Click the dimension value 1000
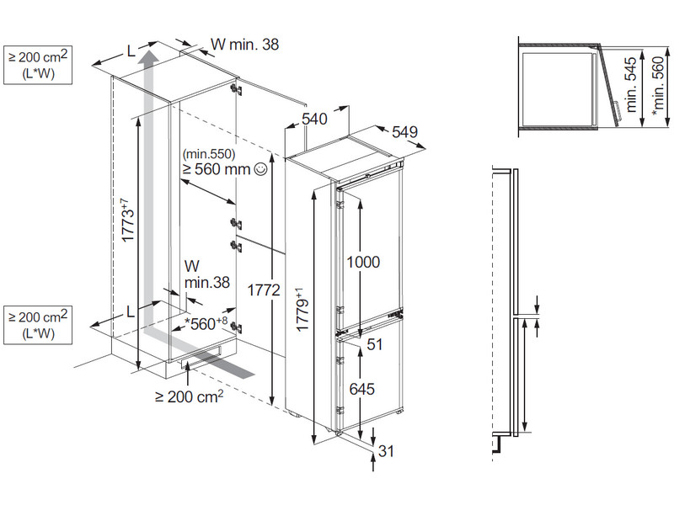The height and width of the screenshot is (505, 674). point(362,262)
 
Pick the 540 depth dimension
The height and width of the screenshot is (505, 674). point(314,120)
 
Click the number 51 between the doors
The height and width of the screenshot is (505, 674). point(375,343)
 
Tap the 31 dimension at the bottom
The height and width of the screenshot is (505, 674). point(386,451)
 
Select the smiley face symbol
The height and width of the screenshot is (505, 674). point(259,169)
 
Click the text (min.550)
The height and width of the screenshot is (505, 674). point(209,154)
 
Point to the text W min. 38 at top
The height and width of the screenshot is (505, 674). point(243,44)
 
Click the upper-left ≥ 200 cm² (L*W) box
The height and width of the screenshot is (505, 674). point(38,65)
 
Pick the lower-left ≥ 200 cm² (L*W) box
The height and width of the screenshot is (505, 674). point(38,325)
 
